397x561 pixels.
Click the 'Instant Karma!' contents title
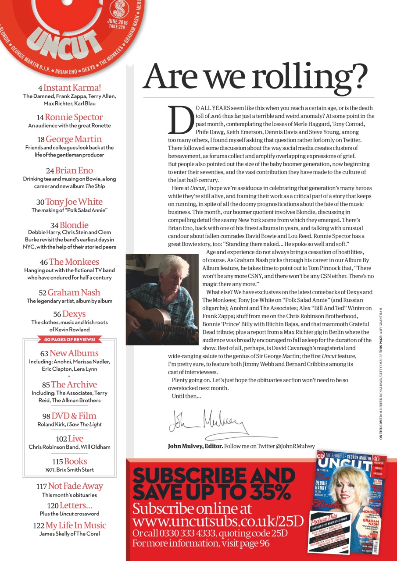point(72,88)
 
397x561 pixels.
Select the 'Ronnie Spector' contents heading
point(74,117)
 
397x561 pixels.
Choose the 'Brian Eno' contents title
point(74,170)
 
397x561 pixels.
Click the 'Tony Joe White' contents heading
point(74,202)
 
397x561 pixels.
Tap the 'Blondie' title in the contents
point(74,225)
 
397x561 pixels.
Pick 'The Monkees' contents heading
point(74,262)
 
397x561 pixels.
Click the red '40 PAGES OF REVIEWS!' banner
point(69,340)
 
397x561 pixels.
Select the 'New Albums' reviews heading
point(74,353)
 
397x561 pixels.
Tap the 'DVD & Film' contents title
point(74,416)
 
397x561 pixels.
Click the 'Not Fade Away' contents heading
point(75,486)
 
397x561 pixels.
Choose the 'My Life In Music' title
point(76,525)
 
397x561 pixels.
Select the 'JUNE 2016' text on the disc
point(118,21)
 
